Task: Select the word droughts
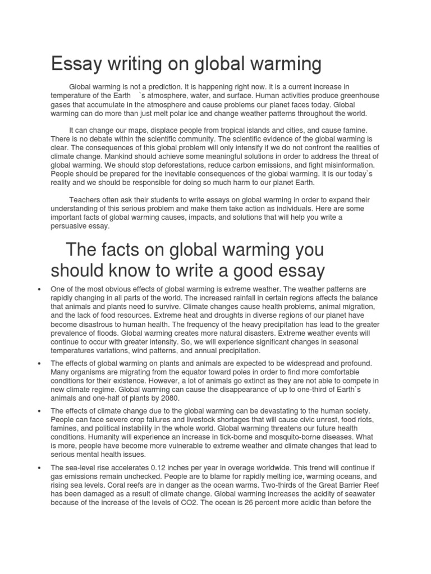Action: tap(195, 316)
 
